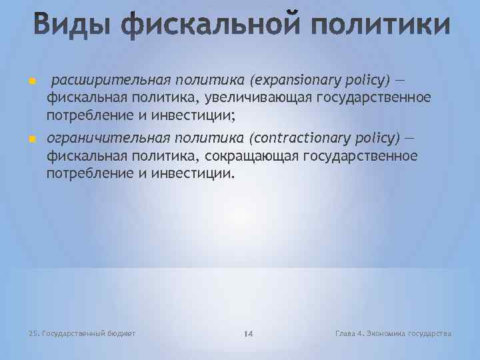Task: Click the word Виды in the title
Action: coord(63,26)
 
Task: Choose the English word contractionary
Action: coord(301,138)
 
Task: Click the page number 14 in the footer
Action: coord(247,333)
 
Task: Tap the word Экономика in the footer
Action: coord(389,333)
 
